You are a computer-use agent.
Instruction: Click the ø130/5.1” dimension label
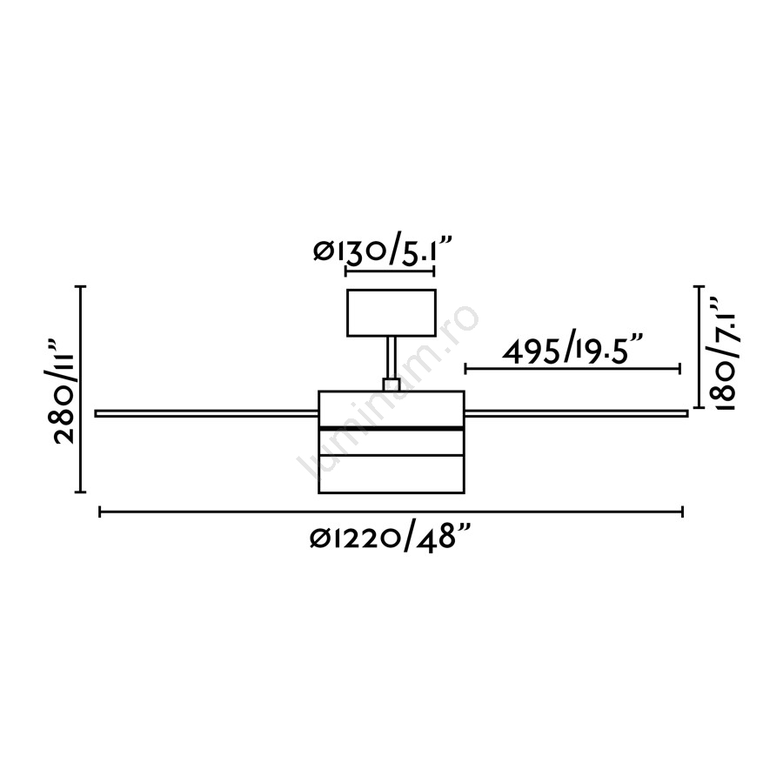point(383,251)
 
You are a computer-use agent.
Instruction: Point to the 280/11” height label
point(64,391)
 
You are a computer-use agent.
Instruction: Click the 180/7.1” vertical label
point(724,354)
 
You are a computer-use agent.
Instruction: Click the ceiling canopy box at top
point(391,312)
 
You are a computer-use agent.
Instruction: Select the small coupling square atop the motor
point(391,385)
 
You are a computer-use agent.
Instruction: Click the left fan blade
point(206,413)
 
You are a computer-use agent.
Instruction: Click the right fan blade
point(576,413)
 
